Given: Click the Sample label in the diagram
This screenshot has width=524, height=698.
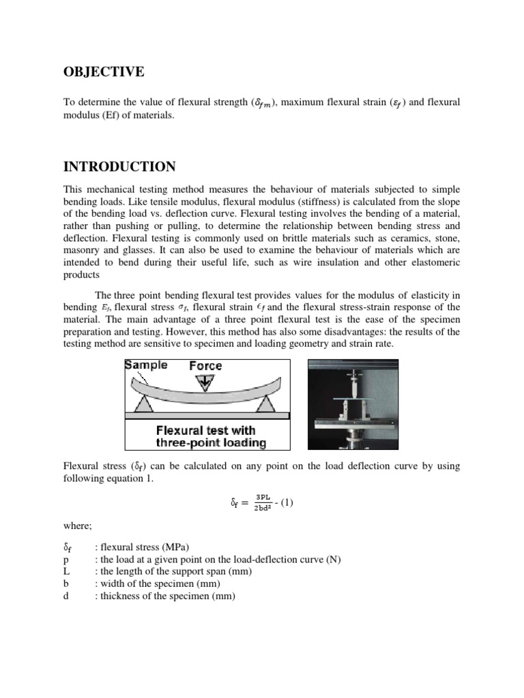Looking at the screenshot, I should pos(146,365).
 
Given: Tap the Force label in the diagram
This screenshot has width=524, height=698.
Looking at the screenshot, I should pos(205,366).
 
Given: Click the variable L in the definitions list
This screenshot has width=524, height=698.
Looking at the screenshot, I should pos(65,572).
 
